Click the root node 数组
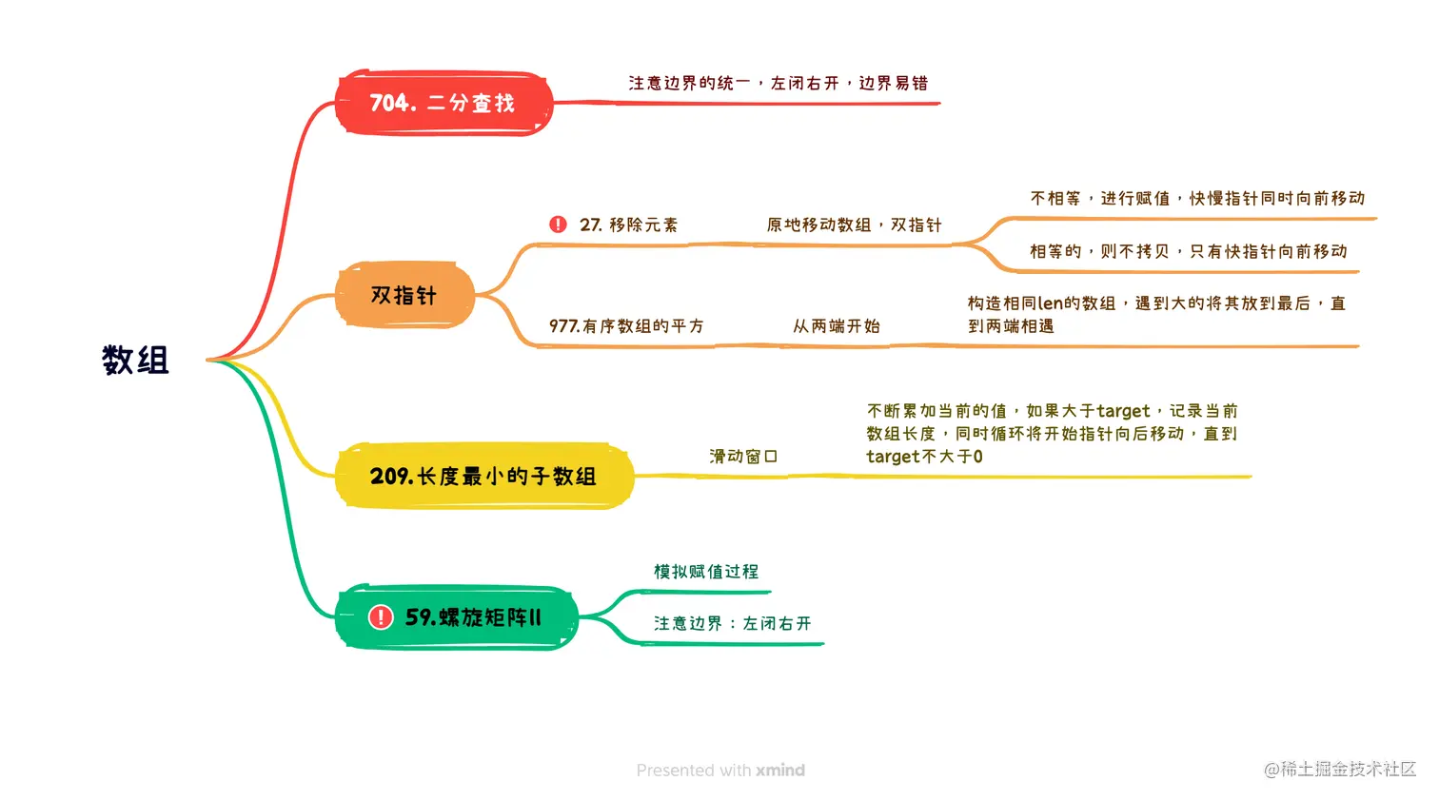135,361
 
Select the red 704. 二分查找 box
443,103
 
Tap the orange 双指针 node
404,296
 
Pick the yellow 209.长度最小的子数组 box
483,476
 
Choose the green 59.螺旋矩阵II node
457,617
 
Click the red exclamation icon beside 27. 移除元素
558,225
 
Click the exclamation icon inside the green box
381,617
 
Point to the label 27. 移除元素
629,225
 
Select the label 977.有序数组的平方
626,326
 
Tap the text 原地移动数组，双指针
854,225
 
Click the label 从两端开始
837,326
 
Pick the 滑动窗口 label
743,457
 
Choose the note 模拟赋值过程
706,572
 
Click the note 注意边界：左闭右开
732,624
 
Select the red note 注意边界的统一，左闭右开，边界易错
778,84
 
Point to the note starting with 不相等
1197,199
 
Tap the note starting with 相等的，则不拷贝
1188,252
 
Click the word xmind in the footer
780,771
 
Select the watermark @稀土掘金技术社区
1340,770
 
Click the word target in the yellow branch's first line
1123,411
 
